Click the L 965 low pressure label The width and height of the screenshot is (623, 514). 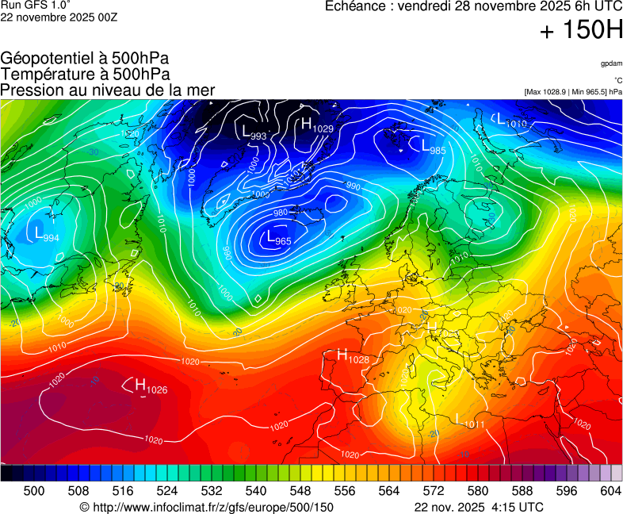pos(278,238)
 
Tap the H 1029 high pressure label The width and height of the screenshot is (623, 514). pos(316,125)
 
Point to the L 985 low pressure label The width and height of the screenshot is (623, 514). pos(433,147)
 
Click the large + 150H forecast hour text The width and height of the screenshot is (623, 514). pos(581,31)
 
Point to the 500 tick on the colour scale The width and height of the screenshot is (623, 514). pos(34,491)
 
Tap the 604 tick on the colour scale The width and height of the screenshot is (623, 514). pos(610,491)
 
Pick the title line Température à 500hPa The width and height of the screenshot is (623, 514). pos(85,74)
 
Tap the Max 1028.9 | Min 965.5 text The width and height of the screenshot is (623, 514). pos(573,92)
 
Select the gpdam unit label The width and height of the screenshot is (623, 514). pos(611,63)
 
